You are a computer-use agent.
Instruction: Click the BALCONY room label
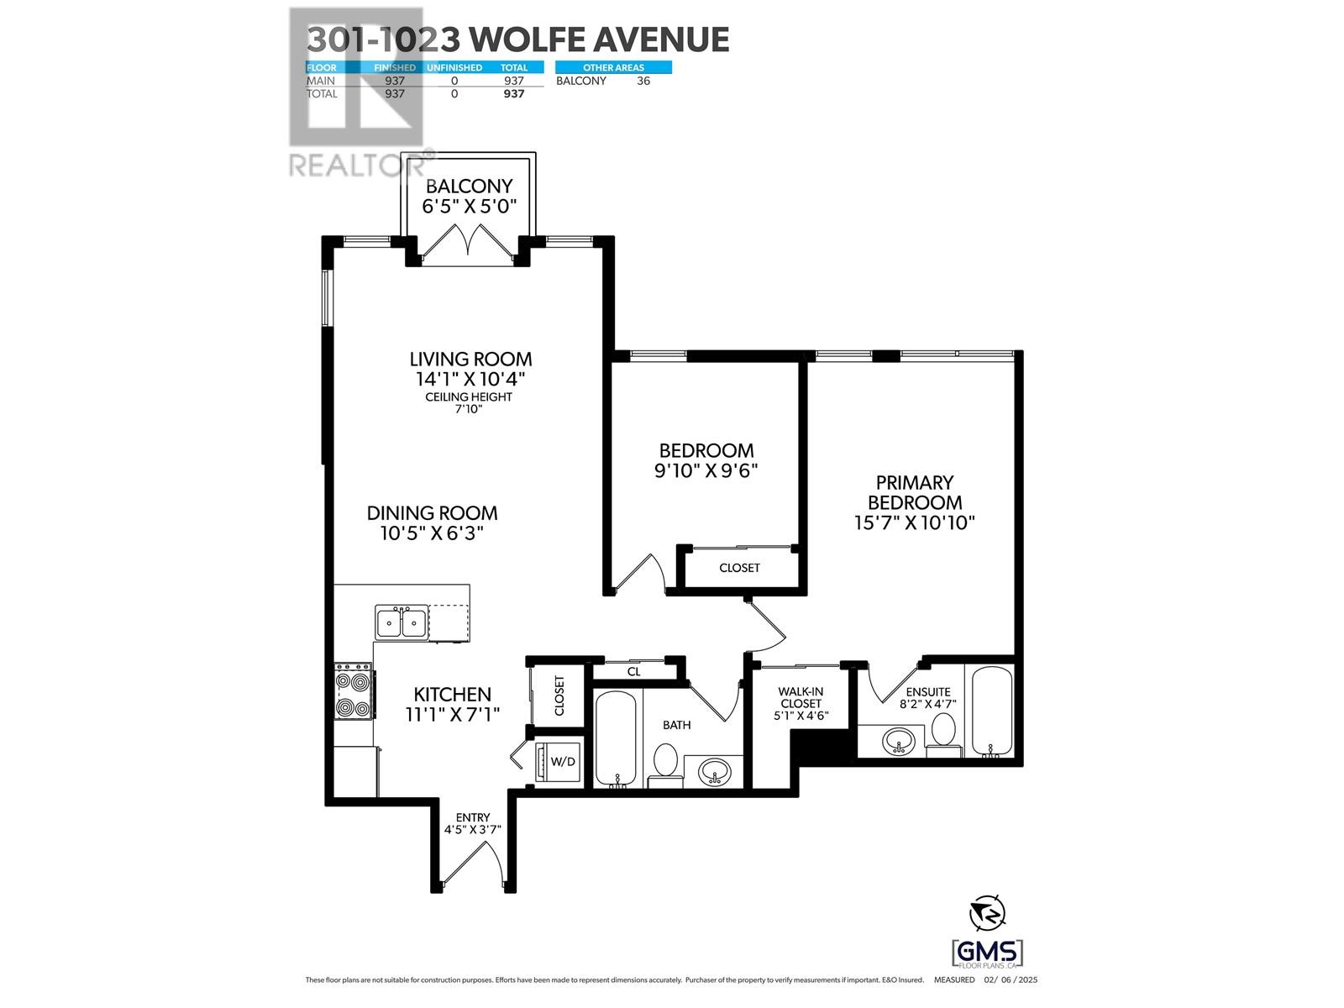[469, 186]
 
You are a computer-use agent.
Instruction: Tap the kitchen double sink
[401, 622]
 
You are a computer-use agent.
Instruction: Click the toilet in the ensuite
[943, 732]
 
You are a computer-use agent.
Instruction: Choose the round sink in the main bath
[715, 770]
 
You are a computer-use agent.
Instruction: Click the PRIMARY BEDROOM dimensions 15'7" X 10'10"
[914, 522]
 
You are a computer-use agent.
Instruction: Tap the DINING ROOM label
[432, 512]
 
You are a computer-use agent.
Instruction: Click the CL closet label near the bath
[634, 671]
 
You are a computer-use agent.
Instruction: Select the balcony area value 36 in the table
[643, 81]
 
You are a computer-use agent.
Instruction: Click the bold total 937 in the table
[513, 93]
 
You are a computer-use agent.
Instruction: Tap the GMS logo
[987, 953]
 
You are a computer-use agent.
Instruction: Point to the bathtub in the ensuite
[993, 711]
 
